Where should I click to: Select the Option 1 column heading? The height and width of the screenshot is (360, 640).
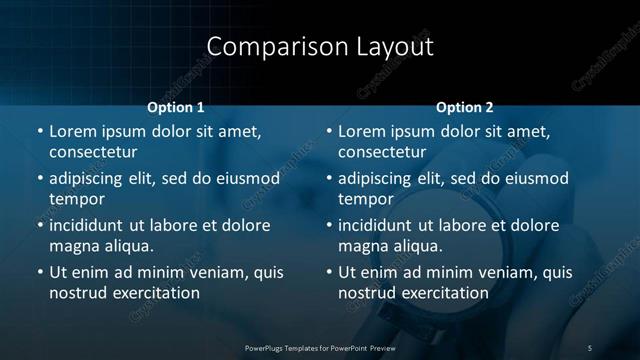[176, 107]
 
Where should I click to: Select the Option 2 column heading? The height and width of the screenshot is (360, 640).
[465, 107]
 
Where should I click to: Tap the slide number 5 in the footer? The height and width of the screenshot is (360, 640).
[590, 348]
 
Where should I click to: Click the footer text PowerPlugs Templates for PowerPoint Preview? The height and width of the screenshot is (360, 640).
[319, 348]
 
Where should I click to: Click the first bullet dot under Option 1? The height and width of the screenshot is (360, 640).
[40, 131]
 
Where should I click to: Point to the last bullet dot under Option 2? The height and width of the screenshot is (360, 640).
[329, 272]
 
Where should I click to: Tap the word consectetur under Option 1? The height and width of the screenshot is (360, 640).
[93, 152]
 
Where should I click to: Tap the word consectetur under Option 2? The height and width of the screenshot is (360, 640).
[382, 152]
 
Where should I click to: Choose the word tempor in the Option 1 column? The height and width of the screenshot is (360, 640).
[75, 199]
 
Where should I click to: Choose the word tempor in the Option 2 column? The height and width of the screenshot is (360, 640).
[364, 199]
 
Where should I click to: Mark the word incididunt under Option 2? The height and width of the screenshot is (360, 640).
[377, 225]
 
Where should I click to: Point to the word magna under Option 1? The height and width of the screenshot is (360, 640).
[74, 246]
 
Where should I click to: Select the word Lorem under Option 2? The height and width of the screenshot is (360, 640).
[362, 131]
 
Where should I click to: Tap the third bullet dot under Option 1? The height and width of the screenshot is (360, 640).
[40, 225]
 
